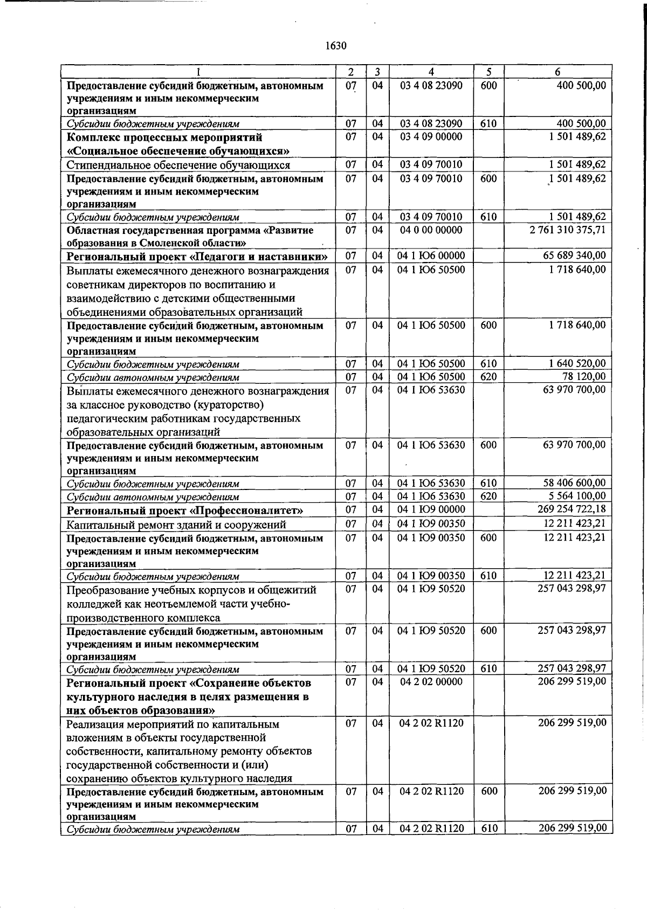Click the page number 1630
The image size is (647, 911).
pos(335,46)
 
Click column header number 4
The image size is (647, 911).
pos(431,72)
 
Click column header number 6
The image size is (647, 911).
pos(557,72)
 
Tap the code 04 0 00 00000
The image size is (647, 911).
pos(431,230)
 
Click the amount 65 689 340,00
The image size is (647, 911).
pos(574,256)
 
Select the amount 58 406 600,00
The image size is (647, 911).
pos(574,483)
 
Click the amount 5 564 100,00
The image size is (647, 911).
pos(577,496)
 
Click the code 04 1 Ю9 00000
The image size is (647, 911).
pos(431,509)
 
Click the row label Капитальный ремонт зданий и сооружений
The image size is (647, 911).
pos(176,524)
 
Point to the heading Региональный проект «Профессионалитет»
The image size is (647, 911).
pos(184,510)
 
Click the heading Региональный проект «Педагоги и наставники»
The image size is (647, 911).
pos(197,256)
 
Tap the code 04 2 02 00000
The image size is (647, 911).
pos(431,682)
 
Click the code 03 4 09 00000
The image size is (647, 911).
pos(431,137)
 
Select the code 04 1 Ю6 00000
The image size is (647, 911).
pos(431,256)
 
